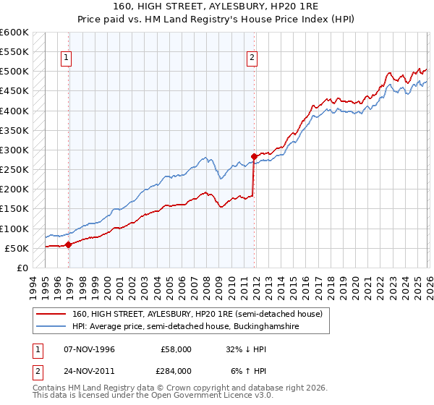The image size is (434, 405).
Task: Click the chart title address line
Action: (217, 6)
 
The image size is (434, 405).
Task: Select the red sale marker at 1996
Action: (68, 245)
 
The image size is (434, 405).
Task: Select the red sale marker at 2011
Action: (254, 156)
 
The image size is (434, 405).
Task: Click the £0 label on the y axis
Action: (21, 268)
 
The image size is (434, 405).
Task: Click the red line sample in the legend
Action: (51, 314)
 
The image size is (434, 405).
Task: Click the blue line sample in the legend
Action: (51, 327)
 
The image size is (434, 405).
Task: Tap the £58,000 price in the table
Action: (176, 349)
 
